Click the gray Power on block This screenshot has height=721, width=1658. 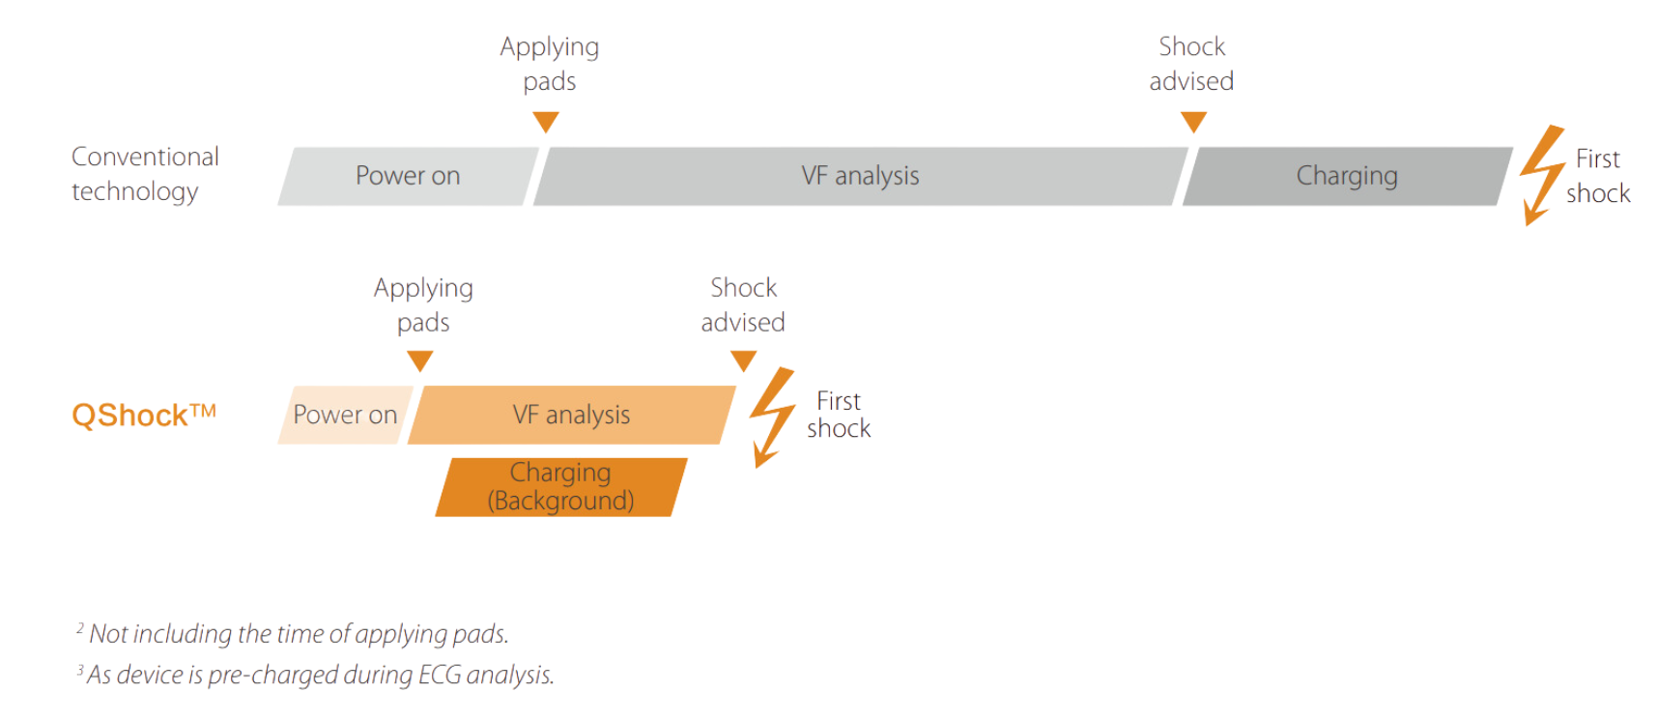408,176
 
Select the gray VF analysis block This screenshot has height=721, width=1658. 860,176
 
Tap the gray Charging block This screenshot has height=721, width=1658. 1347,176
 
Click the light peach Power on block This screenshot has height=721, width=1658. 345,415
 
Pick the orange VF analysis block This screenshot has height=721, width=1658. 571,415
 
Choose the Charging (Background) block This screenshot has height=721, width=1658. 561,487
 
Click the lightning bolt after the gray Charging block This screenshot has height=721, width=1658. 1542,174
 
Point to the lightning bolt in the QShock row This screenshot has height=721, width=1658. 773,417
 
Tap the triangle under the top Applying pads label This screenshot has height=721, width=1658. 546,122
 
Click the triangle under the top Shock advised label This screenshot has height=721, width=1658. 1194,122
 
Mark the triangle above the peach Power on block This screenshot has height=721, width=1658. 420,361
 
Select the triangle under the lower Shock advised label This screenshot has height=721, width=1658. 743,361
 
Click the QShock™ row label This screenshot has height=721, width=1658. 144,415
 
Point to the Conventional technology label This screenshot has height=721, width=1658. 145,174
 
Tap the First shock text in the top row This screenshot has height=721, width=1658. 1598,176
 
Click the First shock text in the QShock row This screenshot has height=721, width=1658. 839,415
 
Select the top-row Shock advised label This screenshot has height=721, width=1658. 1191,64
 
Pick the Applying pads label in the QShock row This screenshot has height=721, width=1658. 423,304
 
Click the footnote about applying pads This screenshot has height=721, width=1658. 293,634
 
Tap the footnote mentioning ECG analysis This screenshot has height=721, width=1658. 315,675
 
